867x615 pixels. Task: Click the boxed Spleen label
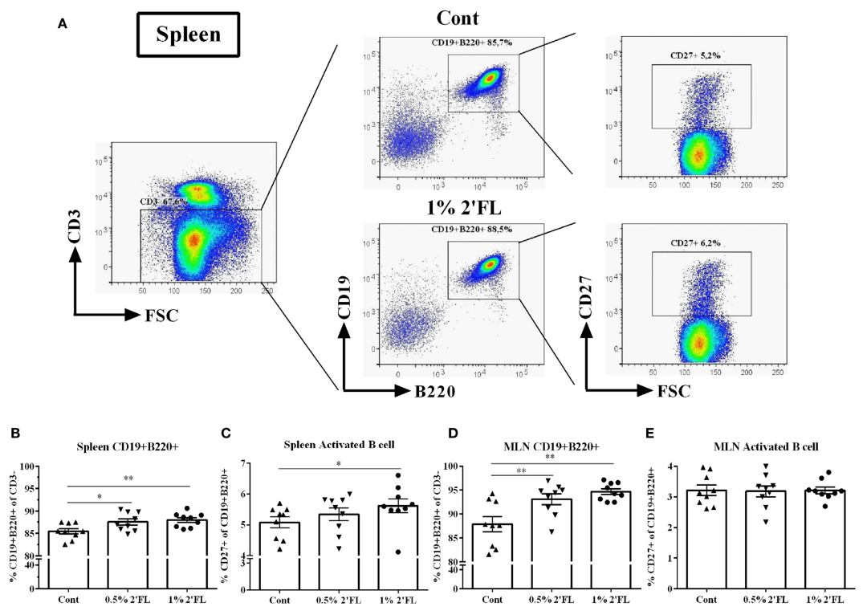[188, 35]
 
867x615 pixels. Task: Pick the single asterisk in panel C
[340, 462]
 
